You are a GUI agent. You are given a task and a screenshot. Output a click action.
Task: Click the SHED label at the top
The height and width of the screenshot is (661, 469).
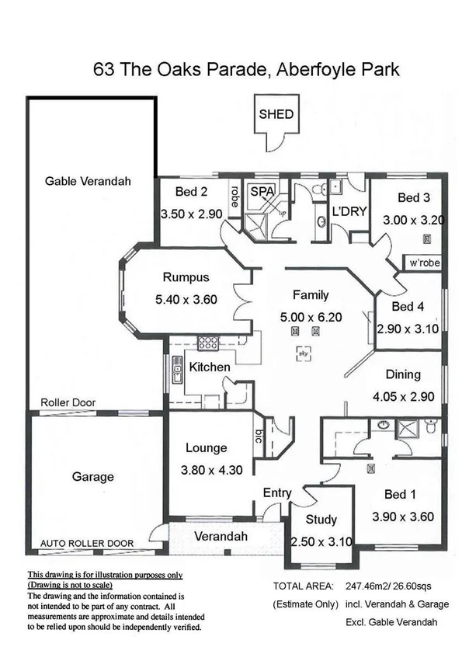276,114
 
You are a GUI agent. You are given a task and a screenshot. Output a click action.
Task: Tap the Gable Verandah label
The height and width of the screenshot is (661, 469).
88,181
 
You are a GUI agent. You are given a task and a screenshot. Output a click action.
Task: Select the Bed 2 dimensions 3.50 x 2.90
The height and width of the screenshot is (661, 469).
192,214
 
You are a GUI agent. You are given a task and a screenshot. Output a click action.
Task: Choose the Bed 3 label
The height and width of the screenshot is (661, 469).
413,197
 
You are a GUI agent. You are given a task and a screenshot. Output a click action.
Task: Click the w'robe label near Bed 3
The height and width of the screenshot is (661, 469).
425,263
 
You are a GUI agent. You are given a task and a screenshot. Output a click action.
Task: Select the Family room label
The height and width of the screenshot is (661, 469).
311,295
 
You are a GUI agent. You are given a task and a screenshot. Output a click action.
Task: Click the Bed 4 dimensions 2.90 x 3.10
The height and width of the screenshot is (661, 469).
408,329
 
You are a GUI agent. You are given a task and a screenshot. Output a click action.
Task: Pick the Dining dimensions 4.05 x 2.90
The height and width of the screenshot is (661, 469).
402,396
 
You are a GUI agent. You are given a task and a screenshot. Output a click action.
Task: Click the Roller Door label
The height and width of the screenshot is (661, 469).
68,404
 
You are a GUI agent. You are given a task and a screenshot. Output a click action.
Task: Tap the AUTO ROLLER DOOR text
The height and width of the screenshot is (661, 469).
86,543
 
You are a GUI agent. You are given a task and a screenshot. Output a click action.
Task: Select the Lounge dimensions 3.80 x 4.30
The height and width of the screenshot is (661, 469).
207,469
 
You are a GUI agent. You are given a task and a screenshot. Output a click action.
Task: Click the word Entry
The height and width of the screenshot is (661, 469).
277,492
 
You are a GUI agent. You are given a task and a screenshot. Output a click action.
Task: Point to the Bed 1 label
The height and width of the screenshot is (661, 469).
402,493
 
